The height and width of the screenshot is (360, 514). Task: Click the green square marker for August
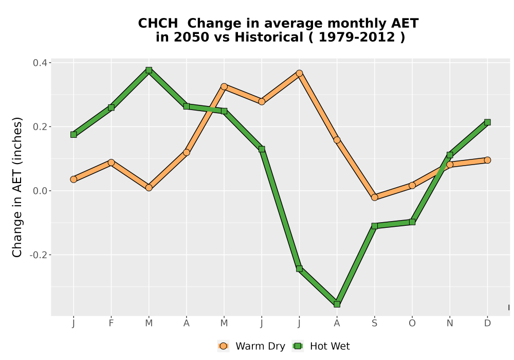[337, 304]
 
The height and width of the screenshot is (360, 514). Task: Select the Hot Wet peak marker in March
[149, 70]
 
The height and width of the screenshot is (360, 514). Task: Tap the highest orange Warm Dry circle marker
[299, 73]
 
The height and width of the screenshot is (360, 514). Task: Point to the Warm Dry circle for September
[374, 197]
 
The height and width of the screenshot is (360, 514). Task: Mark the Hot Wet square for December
[487, 122]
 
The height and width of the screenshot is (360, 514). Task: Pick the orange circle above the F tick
[111, 163]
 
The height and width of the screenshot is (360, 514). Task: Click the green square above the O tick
[412, 222]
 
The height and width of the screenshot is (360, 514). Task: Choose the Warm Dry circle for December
[487, 160]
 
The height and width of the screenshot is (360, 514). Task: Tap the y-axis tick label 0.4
[40, 63]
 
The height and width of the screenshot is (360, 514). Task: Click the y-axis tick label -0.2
[39, 255]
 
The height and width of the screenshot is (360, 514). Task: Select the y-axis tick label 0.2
[40, 127]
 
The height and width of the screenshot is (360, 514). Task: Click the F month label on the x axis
[111, 323]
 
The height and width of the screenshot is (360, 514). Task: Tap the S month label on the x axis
[374, 323]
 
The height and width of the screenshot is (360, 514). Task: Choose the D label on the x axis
[487, 323]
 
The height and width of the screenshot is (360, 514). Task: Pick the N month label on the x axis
[450, 323]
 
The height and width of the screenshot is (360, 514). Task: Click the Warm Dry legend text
[260, 346]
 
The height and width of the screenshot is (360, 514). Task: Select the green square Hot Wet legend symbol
[298, 346]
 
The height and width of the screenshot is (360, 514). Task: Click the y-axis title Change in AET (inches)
[17, 187]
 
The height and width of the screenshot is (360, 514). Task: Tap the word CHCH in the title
[158, 24]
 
